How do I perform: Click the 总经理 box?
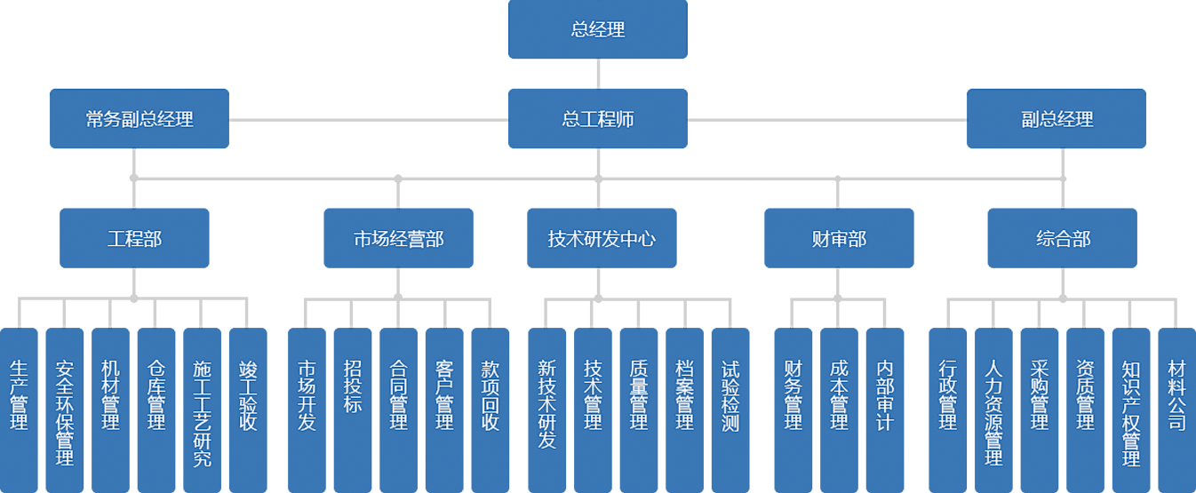click(597, 29)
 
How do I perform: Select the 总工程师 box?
click(597, 118)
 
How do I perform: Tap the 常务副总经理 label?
click(140, 118)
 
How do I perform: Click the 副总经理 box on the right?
click(1056, 118)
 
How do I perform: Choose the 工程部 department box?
click(134, 238)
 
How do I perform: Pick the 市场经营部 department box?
click(398, 238)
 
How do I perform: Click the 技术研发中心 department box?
click(602, 238)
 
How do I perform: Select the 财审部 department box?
click(838, 238)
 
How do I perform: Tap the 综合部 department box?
click(1063, 238)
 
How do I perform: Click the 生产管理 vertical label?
click(19, 395)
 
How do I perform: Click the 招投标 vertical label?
click(353, 386)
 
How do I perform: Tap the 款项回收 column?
click(490, 395)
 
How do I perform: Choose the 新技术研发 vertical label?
click(547, 404)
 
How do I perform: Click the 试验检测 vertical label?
click(730, 395)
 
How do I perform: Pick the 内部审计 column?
click(884, 395)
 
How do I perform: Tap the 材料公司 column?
click(1176, 395)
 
